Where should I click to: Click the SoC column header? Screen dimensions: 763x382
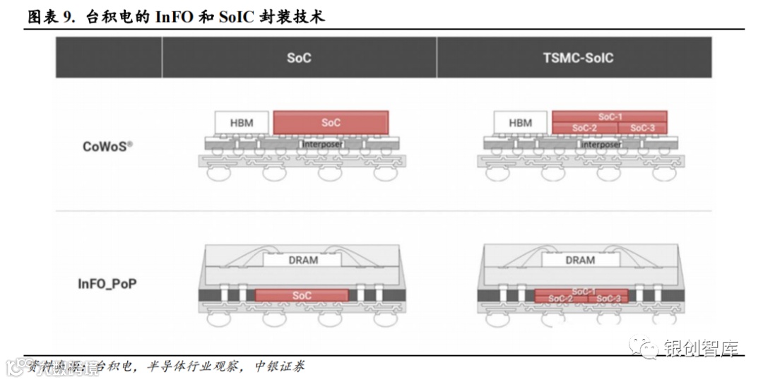pos(299,58)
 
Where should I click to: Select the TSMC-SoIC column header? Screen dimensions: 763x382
pos(579,58)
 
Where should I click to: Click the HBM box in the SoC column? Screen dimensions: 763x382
pos(242,123)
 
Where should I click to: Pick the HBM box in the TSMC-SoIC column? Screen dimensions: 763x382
pos(520,123)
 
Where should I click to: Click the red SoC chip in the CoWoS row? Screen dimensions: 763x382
pos(331,123)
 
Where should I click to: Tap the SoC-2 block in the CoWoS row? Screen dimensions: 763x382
pos(584,128)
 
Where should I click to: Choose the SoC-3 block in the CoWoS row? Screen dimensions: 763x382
pos(643,128)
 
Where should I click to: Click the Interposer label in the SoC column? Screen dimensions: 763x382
pos(322,144)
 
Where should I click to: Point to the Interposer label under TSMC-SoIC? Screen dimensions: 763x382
pos(601,144)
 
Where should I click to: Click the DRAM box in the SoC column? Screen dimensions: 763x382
pos(303,260)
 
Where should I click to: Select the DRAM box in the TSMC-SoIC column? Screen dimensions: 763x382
pos(580,260)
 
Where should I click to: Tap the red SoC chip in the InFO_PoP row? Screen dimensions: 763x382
pos(302,296)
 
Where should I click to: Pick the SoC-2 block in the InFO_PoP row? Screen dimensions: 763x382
pos(560,299)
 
